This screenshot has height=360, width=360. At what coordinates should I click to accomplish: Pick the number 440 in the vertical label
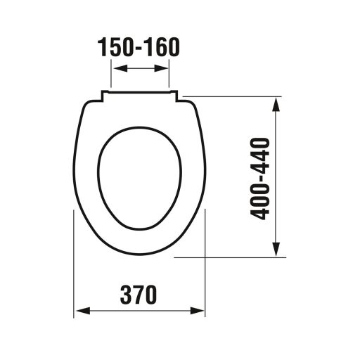(x=262, y=156)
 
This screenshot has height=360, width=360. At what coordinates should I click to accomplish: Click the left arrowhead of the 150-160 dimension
(x=117, y=68)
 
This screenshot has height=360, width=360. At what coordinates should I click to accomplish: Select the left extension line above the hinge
(x=112, y=74)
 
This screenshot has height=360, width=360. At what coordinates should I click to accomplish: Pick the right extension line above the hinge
(x=169, y=74)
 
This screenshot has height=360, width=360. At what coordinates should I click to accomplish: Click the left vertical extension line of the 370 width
(x=75, y=267)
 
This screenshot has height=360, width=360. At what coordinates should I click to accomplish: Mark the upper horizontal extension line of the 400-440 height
(x=232, y=96)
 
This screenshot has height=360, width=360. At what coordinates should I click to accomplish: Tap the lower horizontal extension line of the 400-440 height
(x=232, y=258)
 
